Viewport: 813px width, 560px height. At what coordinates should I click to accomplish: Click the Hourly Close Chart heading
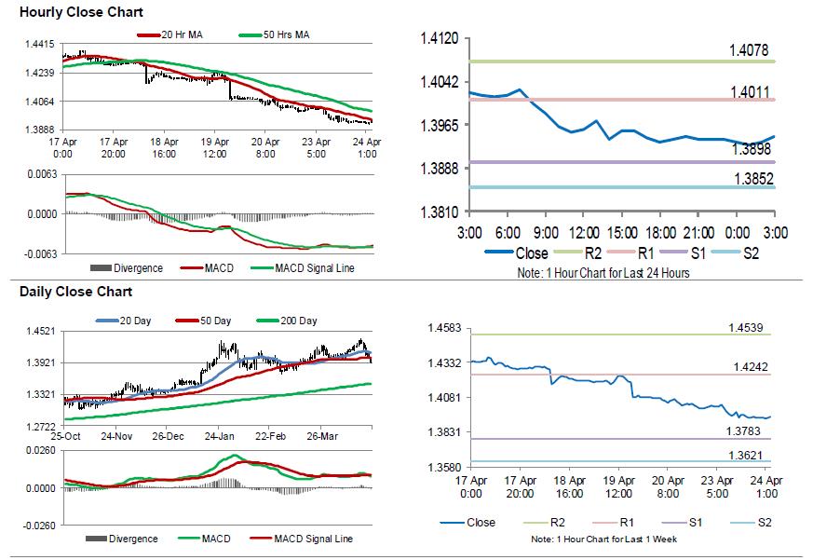pyautogui.click(x=68, y=12)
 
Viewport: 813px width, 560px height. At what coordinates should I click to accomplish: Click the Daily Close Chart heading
pyautogui.click(x=63, y=292)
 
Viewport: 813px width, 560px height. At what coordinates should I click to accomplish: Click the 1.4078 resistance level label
pyautogui.click(x=750, y=50)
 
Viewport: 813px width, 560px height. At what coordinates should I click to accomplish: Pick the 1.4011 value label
pyautogui.click(x=750, y=90)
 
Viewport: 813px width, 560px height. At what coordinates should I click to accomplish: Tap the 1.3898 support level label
pyautogui.click(x=750, y=149)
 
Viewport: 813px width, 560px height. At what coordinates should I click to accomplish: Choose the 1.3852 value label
pyautogui.click(x=750, y=178)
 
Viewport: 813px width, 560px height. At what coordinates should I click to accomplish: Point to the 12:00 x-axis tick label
pyautogui.click(x=584, y=232)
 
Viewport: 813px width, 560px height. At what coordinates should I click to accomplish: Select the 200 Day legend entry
pyautogui.click(x=298, y=321)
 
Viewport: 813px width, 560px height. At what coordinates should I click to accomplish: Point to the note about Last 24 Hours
pyautogui.click(x=603, y=273)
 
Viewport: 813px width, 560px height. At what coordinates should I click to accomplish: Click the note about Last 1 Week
pyautogui.click(x=603, y=540)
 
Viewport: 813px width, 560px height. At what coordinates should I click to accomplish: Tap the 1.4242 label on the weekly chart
pyautogui.click(x=747, y=368)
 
